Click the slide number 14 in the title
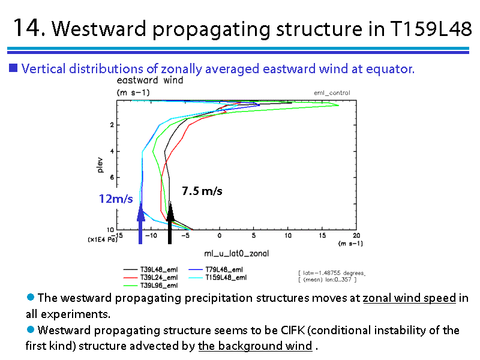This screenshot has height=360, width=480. (27, 28)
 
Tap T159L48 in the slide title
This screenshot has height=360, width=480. (431, 29)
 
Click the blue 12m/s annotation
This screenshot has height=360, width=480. (116, 199)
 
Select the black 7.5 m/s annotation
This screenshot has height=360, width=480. (202, 191)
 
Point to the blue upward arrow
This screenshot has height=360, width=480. (140, 223)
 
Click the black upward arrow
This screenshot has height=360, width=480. (170, 223)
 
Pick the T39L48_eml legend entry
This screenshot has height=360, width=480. (151, 269)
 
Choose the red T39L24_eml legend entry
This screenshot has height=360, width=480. (151, 277)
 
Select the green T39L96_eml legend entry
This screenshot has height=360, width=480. (151, 286)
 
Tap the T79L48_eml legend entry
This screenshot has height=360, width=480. (215, 269)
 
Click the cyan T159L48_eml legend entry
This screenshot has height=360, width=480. (217, 277)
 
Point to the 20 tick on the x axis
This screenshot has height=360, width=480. (356, 235)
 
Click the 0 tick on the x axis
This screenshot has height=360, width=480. (220, 235)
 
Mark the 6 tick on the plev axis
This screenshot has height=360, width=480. (112, 177)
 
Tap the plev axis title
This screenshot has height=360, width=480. (100, 165)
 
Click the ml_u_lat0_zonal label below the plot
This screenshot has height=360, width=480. (236, 253)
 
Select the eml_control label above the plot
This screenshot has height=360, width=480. (332, 93)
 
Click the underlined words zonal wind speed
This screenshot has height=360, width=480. (409, 298)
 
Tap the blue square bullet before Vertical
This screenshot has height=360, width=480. (13, 68)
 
